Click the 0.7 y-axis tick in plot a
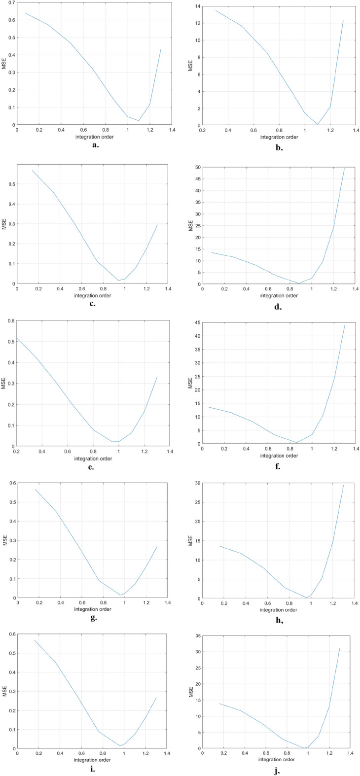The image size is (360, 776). (x=10, y=3)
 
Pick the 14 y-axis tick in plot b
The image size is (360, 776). (x=197, y=6)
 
